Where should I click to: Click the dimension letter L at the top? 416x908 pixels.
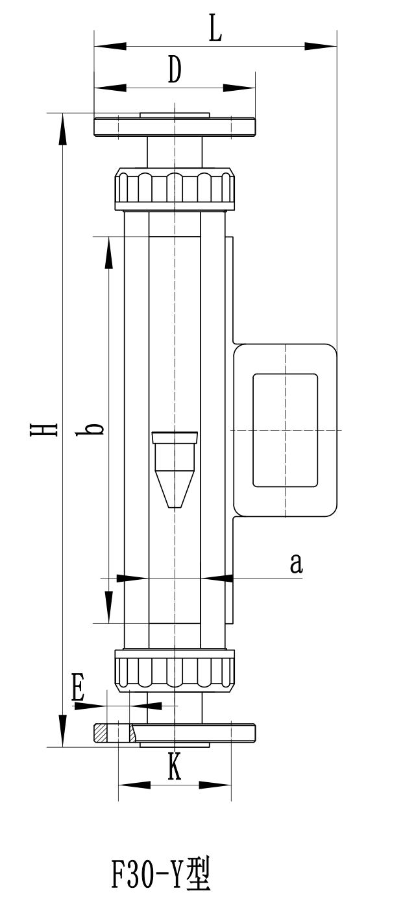215,30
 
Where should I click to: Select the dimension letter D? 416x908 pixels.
174,70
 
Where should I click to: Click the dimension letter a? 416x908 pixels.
296,564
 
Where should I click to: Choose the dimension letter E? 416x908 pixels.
78,689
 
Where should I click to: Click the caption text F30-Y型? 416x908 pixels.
161,876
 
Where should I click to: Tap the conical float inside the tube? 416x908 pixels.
175,469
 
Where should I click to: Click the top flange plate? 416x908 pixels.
175,127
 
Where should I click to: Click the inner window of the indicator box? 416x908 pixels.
285,430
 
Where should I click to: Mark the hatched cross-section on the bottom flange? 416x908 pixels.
101,733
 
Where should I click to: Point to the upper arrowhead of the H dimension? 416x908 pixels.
62,130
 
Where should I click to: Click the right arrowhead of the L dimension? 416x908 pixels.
321,47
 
